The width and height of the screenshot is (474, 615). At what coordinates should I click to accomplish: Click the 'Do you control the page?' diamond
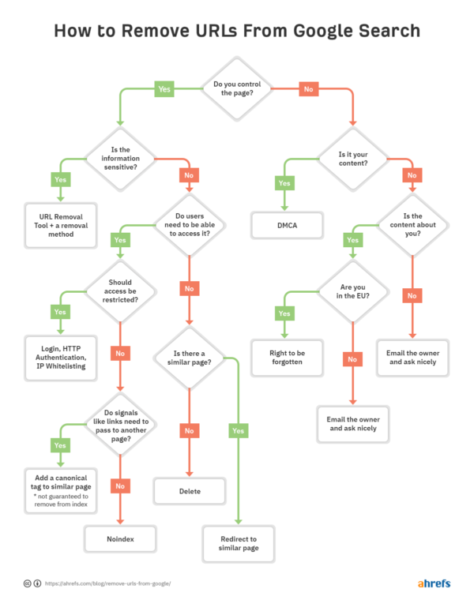point(238,88)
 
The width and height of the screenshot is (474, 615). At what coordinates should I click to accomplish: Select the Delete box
point(190,490)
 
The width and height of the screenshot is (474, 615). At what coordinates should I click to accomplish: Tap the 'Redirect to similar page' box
point(238,542)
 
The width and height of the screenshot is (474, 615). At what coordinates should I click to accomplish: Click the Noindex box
point(120,540)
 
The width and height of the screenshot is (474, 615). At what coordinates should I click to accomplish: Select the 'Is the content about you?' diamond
point(412,224)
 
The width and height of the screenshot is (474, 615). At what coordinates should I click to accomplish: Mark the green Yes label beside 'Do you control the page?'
point(164,89)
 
